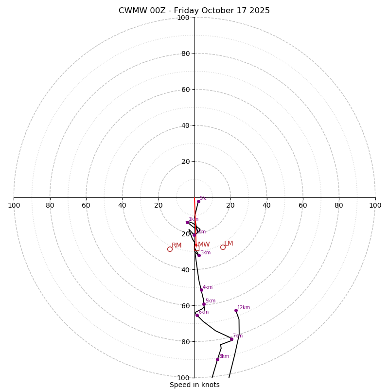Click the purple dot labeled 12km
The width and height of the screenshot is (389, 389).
pos(236,310)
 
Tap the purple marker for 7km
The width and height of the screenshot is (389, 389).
pos(231,339)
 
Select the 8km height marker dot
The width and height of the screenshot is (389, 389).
pos(217,359)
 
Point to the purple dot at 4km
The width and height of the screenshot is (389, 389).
pos(201,290)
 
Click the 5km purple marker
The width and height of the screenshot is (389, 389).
pos(204,304)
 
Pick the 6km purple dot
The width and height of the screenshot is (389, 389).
pos(197,315)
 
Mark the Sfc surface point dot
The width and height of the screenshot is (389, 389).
pos(198,201)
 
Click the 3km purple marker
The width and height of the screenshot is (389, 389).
pos(199,255)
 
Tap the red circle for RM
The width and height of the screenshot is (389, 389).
pos(170,249)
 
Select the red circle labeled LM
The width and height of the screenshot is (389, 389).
pos(223,247)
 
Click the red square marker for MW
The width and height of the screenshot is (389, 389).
pos(196,248)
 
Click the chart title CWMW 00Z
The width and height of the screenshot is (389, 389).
pos(194,11)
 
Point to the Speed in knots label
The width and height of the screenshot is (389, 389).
pos(194,385)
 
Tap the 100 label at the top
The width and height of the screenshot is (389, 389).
pos(183,18)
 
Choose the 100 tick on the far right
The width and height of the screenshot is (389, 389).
pos(375,205)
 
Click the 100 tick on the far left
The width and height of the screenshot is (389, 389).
pos(14,205)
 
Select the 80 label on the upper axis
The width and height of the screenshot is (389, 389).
pos(185,53)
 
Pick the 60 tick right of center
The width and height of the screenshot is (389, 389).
pos(302,205)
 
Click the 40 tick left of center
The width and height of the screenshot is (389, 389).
pos(122,205)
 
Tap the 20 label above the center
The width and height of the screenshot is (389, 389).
pos(185,161)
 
